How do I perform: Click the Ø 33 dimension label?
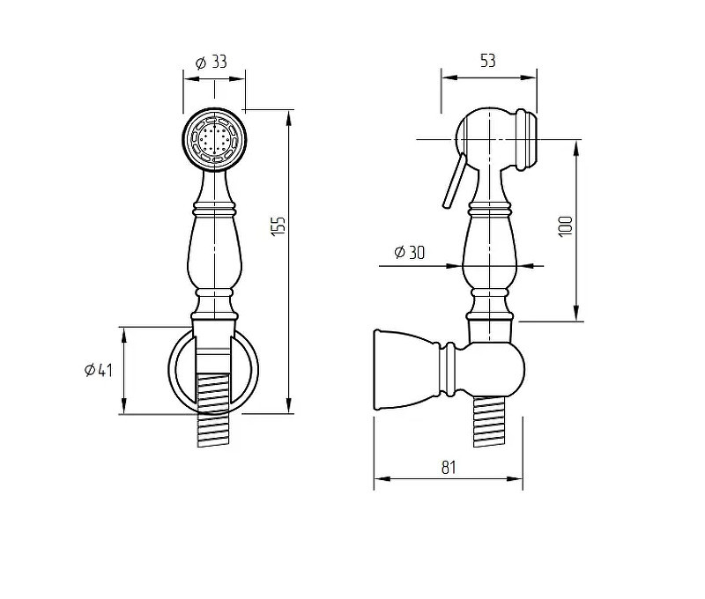point(211,62)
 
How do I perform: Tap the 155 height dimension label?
point(278,226)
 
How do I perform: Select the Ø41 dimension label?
point(99,370)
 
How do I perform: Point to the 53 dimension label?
point(488,61)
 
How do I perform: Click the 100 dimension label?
point(565,226)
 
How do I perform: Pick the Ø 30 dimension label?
point(409,252)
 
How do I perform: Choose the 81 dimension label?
point(449,468)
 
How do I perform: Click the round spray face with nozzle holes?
point(214,139)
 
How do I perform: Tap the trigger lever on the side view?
point(454,181)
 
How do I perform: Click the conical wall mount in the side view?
point(407,370)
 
